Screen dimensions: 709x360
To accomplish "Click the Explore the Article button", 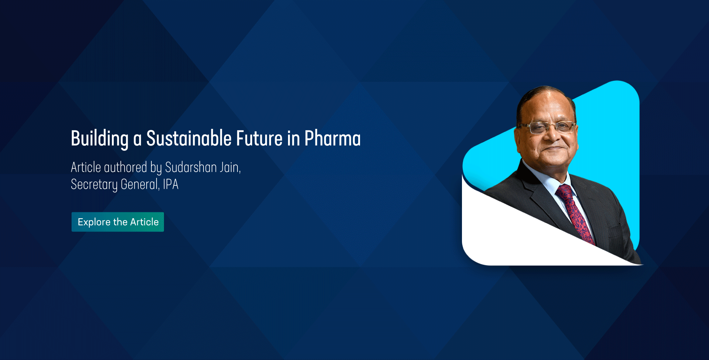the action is [x=117, y=222].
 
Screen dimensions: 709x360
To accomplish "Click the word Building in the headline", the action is [x=100, y=139].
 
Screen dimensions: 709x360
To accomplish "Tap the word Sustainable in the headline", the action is [x=189, y=138].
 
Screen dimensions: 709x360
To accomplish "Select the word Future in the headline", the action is [x=260, y=138].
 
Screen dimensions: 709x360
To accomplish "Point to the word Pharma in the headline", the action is [x=332, y=138].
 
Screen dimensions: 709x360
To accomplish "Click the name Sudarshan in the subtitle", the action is [x=191, y=167].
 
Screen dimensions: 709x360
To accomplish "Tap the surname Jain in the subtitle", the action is [x=230, y=168].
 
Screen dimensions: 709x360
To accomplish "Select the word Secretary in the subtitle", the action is [x=94, y=184].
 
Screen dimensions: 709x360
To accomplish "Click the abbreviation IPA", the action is [x=171, y=184].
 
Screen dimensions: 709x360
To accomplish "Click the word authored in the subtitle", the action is [x=126, y=167].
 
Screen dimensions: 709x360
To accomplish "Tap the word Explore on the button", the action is [x=94, y=222].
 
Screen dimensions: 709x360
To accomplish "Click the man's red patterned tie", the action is [x=576, y=214].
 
